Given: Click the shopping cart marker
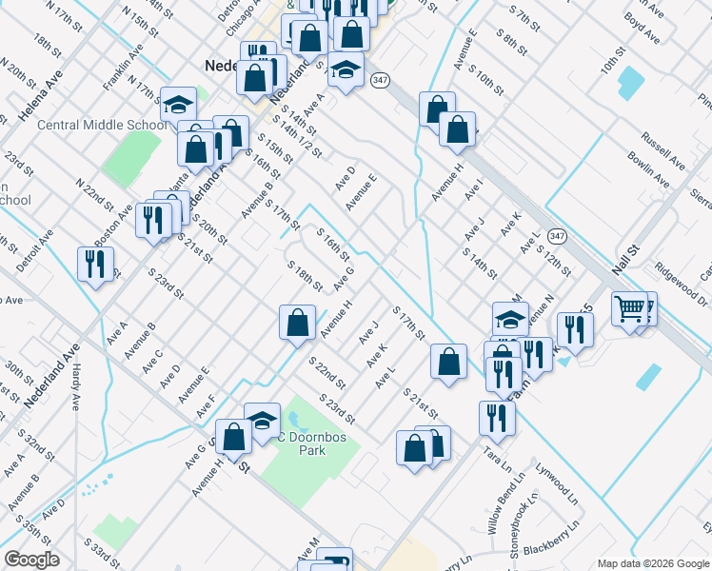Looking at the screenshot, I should coord(629,308).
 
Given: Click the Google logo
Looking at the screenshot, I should coord(31,560).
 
